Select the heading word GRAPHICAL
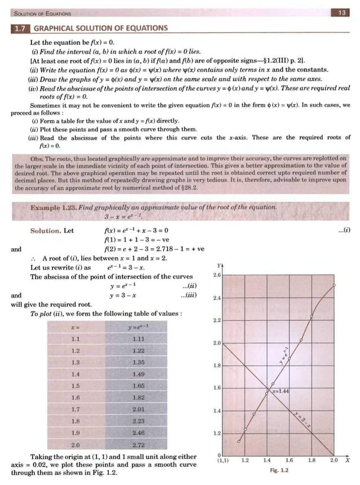(x=56, y=28)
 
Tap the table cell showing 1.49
(x=138, y=374)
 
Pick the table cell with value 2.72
(x=138, y=446)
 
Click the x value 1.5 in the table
(x=76, y=386)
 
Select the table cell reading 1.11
(x=138, y=338)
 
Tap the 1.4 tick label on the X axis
(x=267, y=460)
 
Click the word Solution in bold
(x=45, y=230)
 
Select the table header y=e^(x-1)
(x=138, y=327)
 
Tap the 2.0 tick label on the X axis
(x=334, y=460)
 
